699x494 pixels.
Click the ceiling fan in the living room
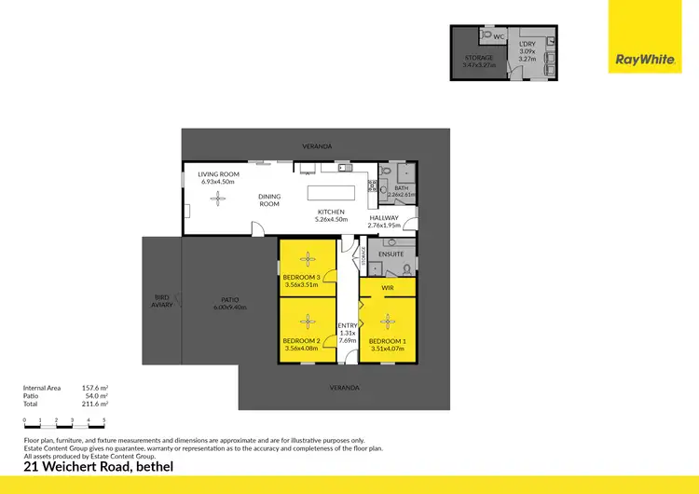(x=218, y=197)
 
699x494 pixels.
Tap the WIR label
(x=388, y=289)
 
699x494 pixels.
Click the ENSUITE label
(x=391, y=254)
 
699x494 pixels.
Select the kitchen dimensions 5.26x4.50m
(x=332, y=219)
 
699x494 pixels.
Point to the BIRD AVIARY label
(x=162, y=301)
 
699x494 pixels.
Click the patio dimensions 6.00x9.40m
(x=229, y=307)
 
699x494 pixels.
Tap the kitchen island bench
(x=333, y=192)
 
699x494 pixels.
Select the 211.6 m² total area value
(x=96, y=405)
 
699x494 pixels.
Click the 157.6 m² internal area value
(x=96, y=388)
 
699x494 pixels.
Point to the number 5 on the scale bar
(x=104, y=421)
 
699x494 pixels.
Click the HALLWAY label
(x=383, y=218)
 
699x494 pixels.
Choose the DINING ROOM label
(x=269, y=199)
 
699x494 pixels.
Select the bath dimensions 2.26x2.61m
(x=402, y=195)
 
